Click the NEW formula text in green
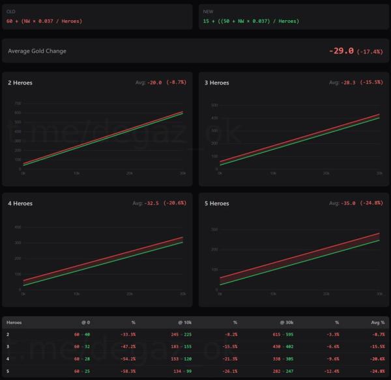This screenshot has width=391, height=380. [251, 21]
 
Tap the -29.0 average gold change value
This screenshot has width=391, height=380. [341, 51]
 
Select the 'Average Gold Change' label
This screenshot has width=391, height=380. [37, 51]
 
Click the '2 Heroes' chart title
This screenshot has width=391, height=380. [20, 83]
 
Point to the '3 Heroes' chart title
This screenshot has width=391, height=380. [217, 83]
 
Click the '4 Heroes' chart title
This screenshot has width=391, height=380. [20, 203]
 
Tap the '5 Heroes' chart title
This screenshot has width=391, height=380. [217, 203]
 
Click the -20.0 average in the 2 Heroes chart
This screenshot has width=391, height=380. [154, 83]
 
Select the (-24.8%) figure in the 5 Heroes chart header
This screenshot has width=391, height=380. [370, 203]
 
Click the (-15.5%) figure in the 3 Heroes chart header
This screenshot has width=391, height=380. [370, 83]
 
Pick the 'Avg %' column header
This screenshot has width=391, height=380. [377, 322]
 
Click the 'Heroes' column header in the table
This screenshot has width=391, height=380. [14, 322]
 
